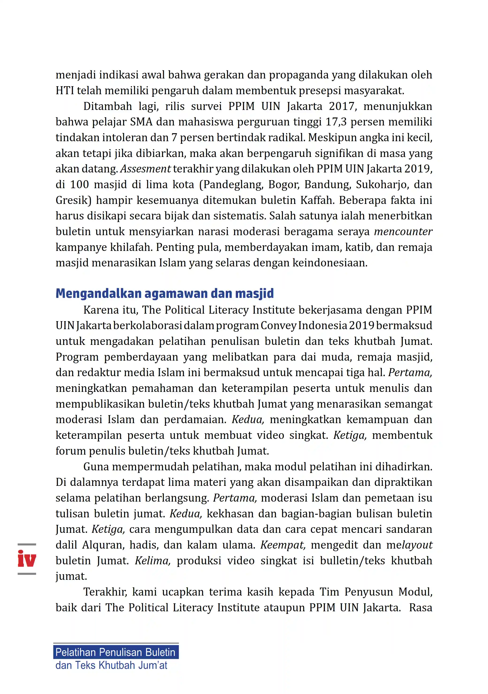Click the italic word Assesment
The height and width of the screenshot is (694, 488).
click(146, 169)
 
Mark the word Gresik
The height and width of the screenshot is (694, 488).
click(73, 200)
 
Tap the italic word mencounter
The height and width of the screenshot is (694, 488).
click(403, 232)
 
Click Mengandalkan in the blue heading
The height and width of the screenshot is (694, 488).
click(98, 293)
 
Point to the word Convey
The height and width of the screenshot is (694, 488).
click(278, 326)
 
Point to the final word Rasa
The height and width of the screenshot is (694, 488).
click(420, 608)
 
